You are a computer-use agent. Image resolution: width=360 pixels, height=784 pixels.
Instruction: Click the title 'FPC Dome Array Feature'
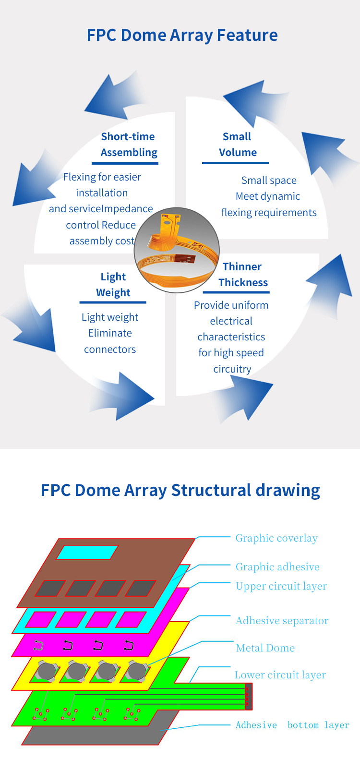182,36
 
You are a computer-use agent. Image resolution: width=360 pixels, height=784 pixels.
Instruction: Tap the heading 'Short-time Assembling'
129,145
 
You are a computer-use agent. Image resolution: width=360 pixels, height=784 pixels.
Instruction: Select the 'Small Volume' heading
238,144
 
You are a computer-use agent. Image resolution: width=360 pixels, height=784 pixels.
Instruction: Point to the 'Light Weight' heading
113,285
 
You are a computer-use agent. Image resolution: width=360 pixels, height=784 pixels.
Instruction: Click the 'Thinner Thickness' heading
243,275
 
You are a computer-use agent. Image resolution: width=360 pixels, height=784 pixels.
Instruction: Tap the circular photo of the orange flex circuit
177,250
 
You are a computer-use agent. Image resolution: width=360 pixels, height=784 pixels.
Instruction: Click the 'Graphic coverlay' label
276,538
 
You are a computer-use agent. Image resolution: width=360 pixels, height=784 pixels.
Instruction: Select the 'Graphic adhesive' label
277,567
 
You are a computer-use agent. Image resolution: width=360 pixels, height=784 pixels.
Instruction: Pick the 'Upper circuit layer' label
281,586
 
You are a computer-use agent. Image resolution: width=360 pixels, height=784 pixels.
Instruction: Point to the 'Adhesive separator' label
282,621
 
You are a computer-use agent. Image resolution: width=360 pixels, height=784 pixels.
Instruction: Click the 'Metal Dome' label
265,648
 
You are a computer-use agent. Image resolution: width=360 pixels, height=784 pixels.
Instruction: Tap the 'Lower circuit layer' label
280,675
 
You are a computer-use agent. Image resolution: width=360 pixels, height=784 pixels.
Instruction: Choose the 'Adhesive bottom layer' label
292,725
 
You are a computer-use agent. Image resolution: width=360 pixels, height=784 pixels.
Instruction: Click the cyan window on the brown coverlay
87,552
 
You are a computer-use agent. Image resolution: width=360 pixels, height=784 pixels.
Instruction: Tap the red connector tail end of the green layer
248,696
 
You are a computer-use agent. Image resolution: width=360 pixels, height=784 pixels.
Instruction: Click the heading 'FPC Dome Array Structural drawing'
180,490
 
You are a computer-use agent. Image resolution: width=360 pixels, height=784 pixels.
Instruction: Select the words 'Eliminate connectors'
110,341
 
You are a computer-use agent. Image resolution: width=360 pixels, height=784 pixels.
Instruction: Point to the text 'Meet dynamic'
268,196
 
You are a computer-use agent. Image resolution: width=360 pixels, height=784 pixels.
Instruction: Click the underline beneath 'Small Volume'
236,163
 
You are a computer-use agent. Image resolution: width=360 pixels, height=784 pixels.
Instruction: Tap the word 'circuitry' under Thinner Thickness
232,369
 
